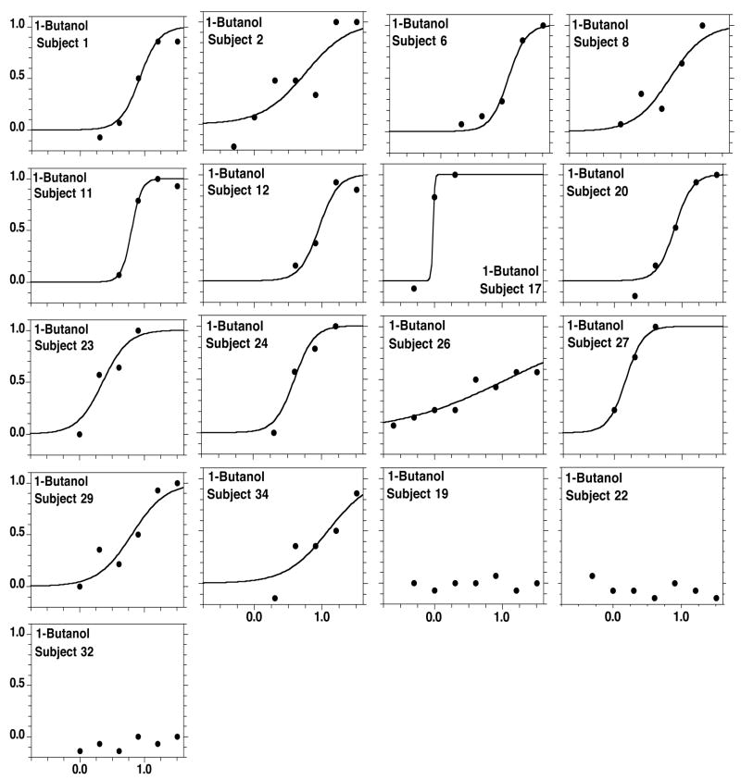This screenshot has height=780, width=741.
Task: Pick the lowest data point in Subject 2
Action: (233, 146)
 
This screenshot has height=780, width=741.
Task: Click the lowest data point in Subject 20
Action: (634, 296)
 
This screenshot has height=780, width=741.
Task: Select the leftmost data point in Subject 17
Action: (414, 289)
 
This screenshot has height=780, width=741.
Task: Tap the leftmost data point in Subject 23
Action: (80, 434)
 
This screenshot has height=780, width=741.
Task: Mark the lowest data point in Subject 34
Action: (274, 598)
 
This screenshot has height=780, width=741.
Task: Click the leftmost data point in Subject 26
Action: (394, 426)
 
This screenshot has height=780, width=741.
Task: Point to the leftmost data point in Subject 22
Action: (592, 576)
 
